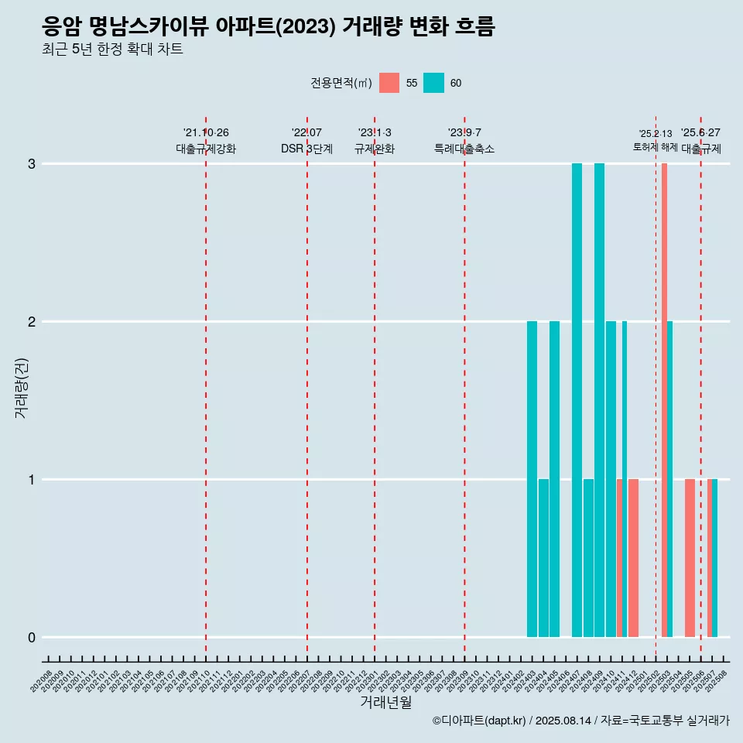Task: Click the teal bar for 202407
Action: [x=577, y=400]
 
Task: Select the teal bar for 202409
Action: [x=599, y=400]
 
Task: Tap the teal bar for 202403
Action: [x=532, y=479]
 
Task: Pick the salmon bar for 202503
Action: [x=664, y=400]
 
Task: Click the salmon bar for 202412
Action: [x=633, y=558]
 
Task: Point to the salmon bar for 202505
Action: [x=690, y=558]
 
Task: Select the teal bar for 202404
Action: [x=543, y=558]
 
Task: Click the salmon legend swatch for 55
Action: [x=389, y=83]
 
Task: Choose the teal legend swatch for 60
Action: [x=433, y=83]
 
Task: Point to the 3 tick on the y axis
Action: [x=32, y=164]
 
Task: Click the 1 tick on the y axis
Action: [x=32, y=480]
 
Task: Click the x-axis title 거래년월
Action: [x=385, y=702]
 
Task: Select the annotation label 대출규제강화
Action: [x=206, y=149]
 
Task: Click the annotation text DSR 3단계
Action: [x=306, y=149]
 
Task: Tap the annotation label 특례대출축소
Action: [x=464, y=149]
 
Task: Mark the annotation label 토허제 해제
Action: [x=656, y=147]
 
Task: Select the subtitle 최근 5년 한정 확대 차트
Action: [x=112, y=50]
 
